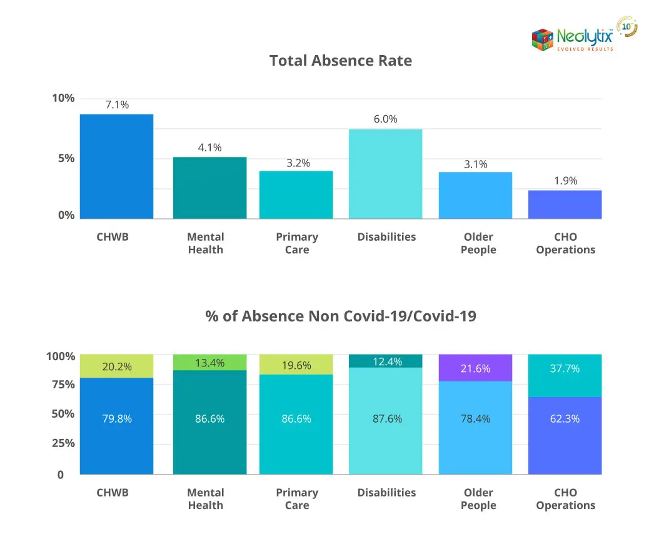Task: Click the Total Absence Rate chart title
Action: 341,61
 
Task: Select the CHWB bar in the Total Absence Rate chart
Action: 116,166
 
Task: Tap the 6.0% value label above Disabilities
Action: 386,119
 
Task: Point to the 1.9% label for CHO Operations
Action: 565,181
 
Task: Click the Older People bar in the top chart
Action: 475,195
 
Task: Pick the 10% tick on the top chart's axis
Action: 63,98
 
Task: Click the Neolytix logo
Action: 572,39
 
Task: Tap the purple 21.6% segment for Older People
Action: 475,368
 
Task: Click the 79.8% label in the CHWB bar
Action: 117,419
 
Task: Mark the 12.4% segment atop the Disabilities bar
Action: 386,361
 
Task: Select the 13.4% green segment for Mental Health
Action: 210,363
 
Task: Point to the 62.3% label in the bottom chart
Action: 565,419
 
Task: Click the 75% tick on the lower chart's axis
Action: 63,385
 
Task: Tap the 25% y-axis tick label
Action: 63,443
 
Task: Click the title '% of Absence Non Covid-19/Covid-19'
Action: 341,316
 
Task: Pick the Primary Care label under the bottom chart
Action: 297,499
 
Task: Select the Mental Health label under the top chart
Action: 205,243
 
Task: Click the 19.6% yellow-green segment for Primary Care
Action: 296,365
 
